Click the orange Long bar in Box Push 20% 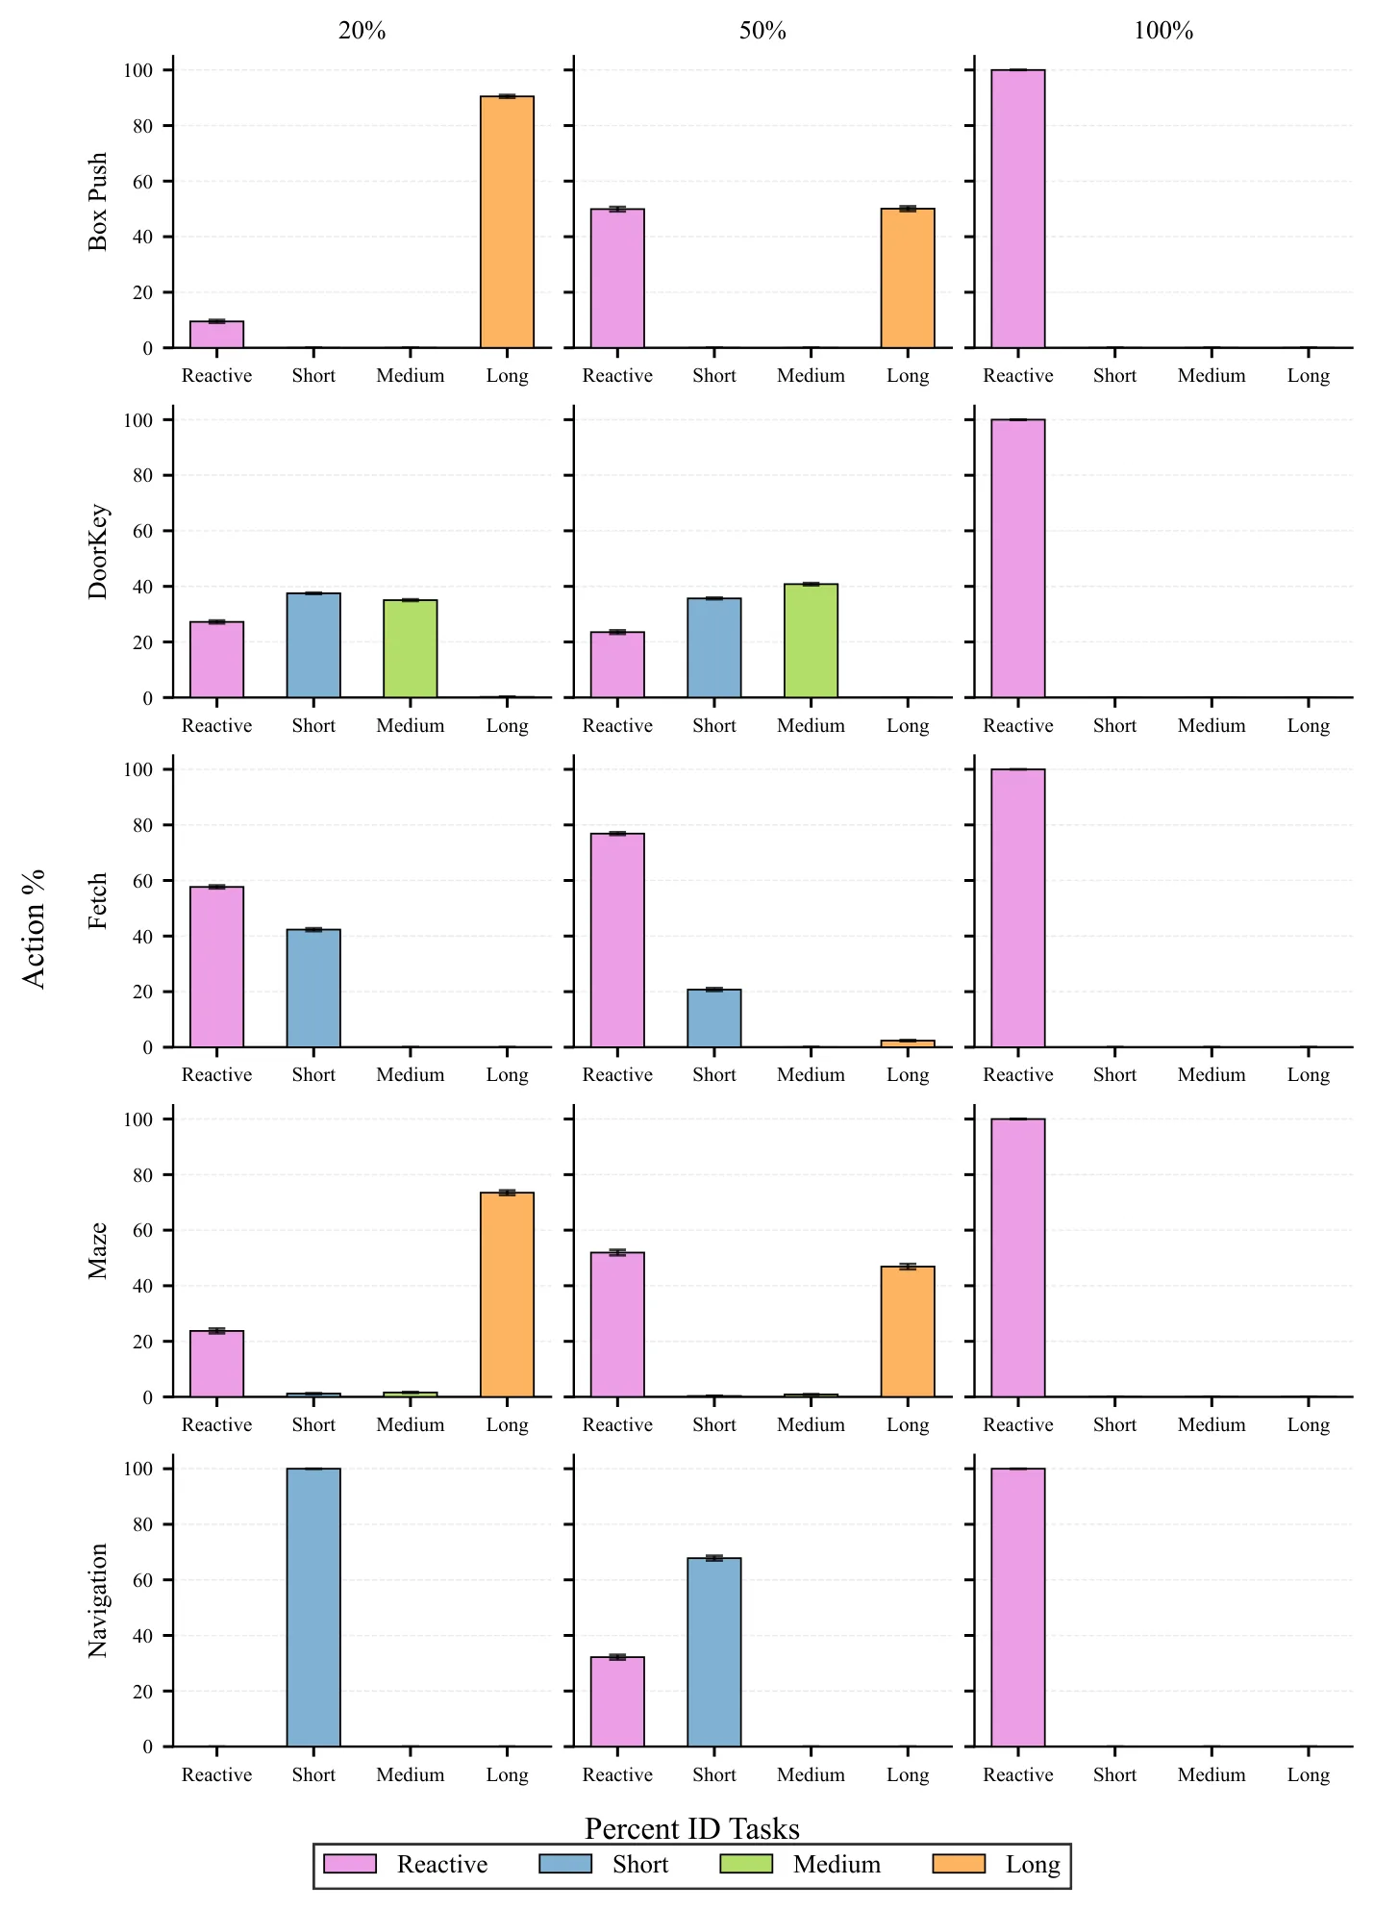[507, 222]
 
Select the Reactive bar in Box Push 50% [617, 278]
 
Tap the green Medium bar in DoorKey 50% [811, 641]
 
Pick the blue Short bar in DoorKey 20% [313, 645]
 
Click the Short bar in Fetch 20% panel [313, 988]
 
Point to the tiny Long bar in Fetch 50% [908, 1043]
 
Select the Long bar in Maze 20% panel [507, 1294]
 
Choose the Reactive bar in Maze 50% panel [617, 1324]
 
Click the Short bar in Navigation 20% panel [313, 1607]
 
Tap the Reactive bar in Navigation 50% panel [617, 1701]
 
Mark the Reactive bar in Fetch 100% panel [1018, 908]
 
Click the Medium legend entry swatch [746, 1864]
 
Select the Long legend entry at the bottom [997, 1864]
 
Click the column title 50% [762, 31]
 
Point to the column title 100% [1163, 31]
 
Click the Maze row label [98, 1250]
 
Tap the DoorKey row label [98, 552]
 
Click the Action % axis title [34, 928]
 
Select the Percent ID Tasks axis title [692, 1828]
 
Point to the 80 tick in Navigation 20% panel [142, 1524]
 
